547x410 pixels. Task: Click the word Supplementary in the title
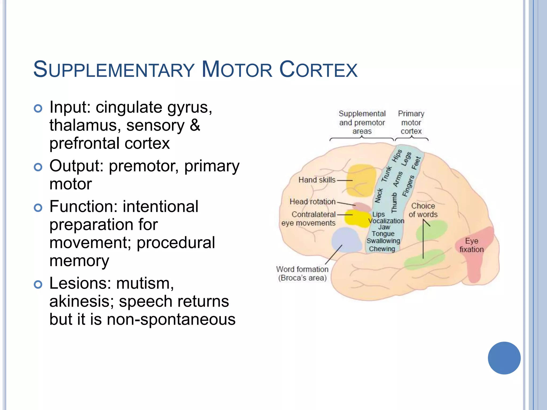[114, 70]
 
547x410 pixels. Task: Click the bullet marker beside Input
[38, 108]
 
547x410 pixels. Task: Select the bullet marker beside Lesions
[38, 285]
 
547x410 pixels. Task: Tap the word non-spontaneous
[171, 319]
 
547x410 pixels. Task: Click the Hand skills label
[317, 180]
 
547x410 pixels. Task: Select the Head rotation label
[312, 202]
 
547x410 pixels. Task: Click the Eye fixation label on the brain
[471, 245]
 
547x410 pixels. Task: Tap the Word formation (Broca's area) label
[302, 273]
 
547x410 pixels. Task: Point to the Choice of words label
[423, 210]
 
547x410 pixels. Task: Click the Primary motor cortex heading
[411, 122]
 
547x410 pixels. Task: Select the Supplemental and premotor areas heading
[362, 122]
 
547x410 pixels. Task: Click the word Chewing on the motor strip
[382, 249]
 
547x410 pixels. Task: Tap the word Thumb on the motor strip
[394, 203]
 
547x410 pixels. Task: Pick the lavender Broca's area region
[346, 240]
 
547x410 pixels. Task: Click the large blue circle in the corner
[504, 358]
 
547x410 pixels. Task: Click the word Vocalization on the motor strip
[386, 221]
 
